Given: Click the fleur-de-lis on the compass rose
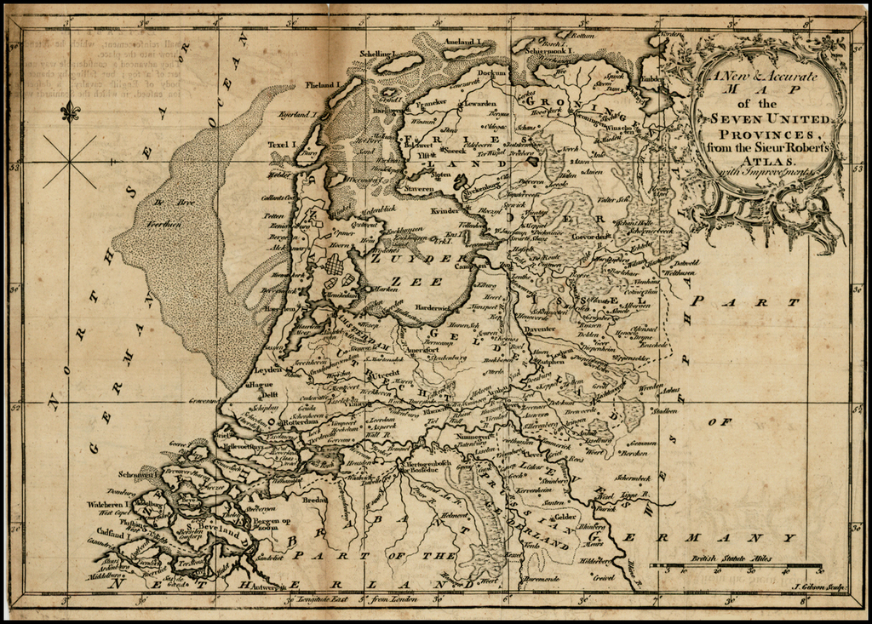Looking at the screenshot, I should (x=70, y=111).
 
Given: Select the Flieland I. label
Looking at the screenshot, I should (x=322, y=85).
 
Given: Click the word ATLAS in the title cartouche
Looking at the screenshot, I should (x=769, y=160).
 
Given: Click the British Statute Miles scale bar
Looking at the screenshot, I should (x=736, y=565).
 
